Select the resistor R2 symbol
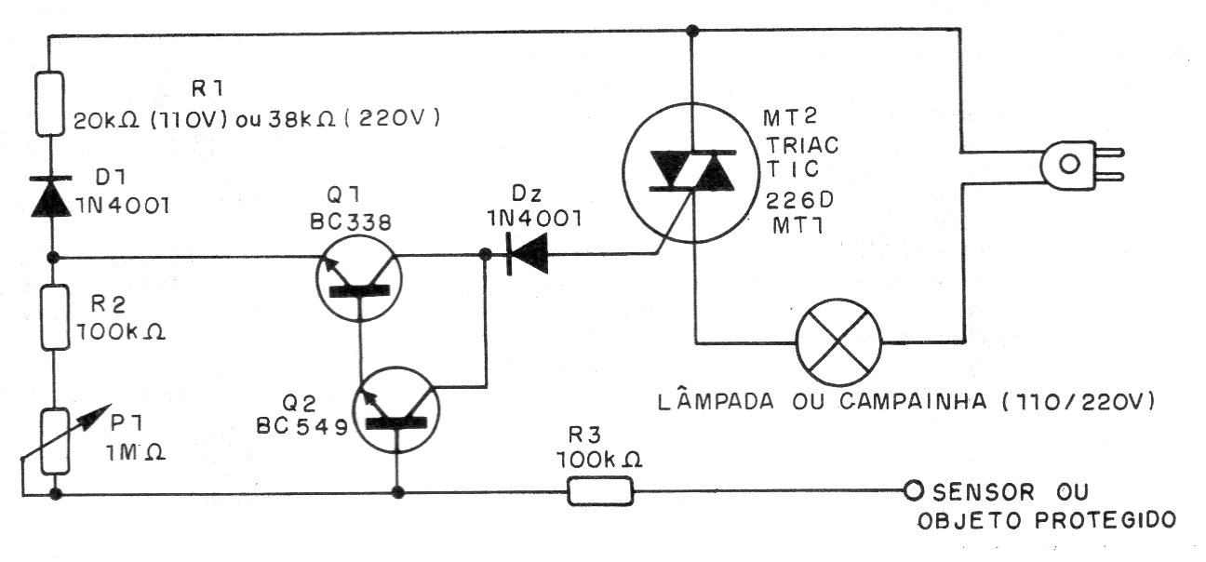(55, 317)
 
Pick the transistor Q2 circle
(397, 409)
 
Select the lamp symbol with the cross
(838, 341)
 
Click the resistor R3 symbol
(600, 492)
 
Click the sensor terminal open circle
(913, 490)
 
